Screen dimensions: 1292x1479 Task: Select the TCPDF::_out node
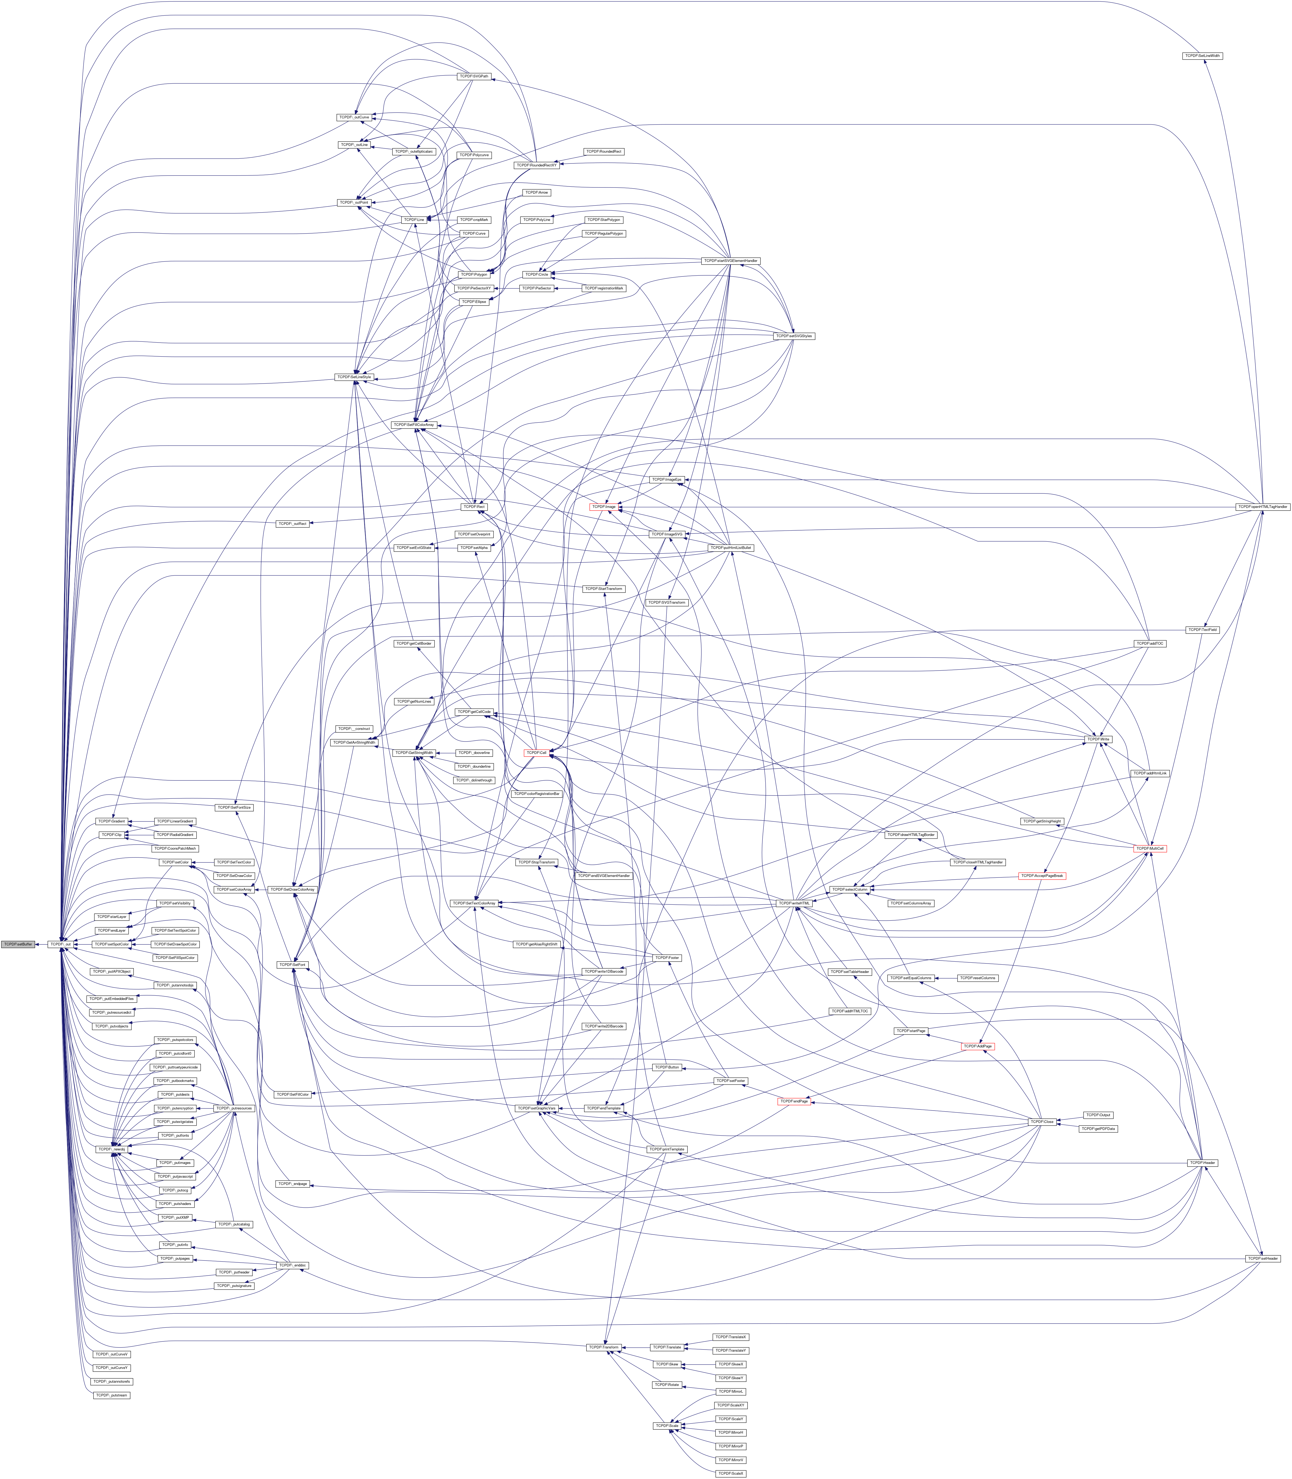59,944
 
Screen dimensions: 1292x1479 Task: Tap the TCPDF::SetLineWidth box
1202,56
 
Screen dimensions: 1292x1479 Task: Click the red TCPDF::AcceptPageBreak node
1042,875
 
